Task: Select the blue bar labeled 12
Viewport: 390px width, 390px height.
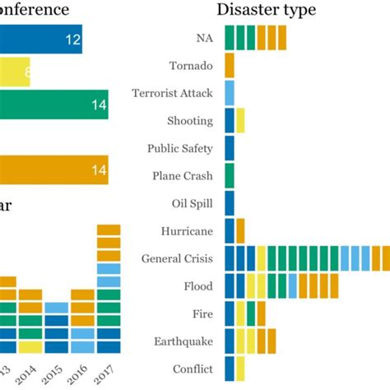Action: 41,39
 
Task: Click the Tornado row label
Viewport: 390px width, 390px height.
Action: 190,66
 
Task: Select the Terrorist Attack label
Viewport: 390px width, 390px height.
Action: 172,93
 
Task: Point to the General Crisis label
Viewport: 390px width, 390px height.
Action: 177,258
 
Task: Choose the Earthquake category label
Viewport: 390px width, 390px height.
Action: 183,341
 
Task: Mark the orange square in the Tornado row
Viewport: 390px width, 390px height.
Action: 230,66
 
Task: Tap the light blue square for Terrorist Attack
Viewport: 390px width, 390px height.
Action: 230,93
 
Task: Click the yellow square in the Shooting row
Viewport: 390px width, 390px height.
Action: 240,121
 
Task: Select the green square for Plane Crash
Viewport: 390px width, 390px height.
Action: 230,176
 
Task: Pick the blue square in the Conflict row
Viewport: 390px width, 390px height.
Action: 230,369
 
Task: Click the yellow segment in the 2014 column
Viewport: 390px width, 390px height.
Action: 30,347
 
